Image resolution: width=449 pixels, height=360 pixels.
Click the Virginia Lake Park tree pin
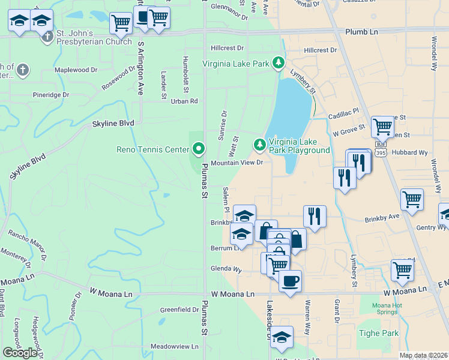pyautogui.click(x=278, y=62)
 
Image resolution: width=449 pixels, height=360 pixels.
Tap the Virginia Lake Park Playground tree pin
pyautogui.click(x=259, y=145)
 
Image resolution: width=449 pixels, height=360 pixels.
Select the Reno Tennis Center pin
pyautogui.click(x=199, y=148)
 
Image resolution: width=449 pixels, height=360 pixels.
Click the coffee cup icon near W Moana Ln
pyautogui.click(x=290, y=281)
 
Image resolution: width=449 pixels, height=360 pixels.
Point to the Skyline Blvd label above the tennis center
pyautogui.click(x=112, y=123)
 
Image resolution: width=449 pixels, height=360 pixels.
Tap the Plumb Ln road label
pyautogui.click(x=362, y=31)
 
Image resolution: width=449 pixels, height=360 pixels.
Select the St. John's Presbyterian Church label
pyautogui.click(x=93, y=37)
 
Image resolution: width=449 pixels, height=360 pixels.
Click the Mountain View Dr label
pyautogui.click(x=237, y=163)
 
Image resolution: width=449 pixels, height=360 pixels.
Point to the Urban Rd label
pyautogui.click(x=184, y=101)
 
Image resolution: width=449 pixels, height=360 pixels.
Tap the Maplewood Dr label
pyautogui.click(x=76, y=70)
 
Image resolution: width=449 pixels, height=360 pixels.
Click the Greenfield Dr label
pyautogui.click(x=179, y=310)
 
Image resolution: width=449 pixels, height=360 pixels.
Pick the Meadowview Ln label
pyautogui.click(x=174, y=346)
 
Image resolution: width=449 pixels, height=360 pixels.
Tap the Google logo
pyautogui.click(x=20, y=352)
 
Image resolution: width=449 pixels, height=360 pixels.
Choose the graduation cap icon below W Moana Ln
pyautogui.click(x=281, y=338)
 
